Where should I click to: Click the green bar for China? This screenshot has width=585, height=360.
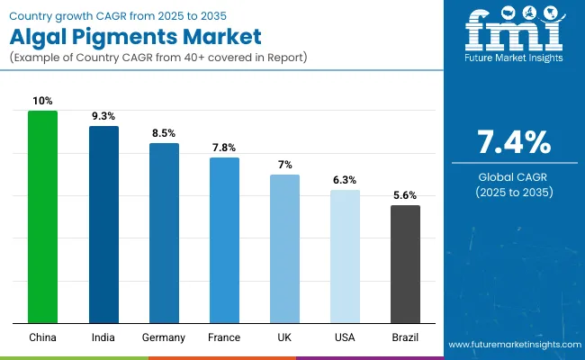(42, 217)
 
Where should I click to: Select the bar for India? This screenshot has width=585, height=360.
(103, 224)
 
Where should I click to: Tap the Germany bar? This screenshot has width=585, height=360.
(164, 233)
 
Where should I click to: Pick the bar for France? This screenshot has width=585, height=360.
(224, 240)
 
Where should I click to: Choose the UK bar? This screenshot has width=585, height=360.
(284, 248)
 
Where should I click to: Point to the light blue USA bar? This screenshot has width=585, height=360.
(345, 256)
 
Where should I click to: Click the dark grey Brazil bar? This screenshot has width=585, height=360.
(405, 264)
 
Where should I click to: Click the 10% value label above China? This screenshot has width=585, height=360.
(42, 100)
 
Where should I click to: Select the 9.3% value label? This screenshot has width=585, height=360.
(103, 115)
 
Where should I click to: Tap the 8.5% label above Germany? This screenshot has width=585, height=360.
(164, 132)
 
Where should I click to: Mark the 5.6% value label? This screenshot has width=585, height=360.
(405, 194)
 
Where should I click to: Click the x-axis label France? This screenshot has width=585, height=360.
(224, 337)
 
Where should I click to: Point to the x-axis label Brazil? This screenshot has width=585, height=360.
(405, 337)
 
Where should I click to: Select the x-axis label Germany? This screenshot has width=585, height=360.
(164, 337)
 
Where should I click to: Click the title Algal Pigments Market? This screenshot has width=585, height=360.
(136, 37)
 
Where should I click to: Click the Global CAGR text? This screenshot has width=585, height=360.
(514, 175)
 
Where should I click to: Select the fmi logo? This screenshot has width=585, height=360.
(513, 34)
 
